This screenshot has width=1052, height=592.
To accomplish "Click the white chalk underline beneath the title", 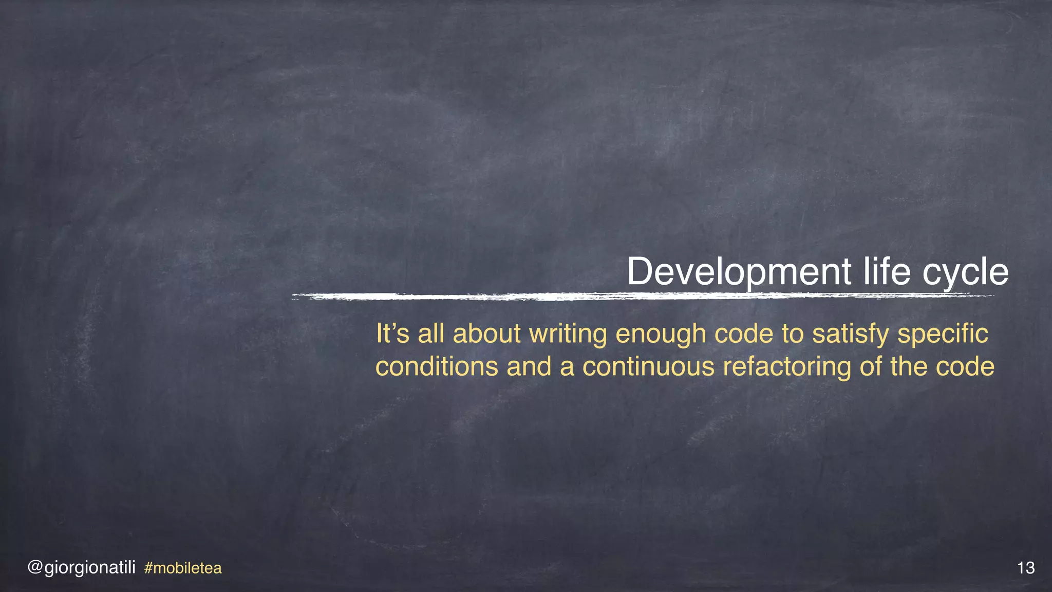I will pyautogui.click(x=642, y=297).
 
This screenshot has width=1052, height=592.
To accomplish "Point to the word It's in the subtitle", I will pyautogui.click(x=393, y=334).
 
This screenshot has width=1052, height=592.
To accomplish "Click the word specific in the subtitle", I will pyautogui.click(x=943, y=335).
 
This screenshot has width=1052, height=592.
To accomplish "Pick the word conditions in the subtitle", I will pyautogui.click(x=437, y=367).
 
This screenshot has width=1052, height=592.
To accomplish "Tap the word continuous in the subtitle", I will pyautogui.click(x=648, y=367).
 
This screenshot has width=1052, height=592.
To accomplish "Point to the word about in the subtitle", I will pyautogui.click(x=487, y=334).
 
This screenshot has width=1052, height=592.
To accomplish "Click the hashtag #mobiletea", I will pyautogui.click(x=183, y=568).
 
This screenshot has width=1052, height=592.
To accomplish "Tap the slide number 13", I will pyautogui.click(x=1025, y=568).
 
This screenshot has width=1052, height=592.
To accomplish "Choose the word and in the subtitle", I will pyautogui.click(x=529, y=367).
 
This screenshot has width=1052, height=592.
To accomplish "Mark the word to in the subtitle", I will pyautogui.click(x=793, y=335).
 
